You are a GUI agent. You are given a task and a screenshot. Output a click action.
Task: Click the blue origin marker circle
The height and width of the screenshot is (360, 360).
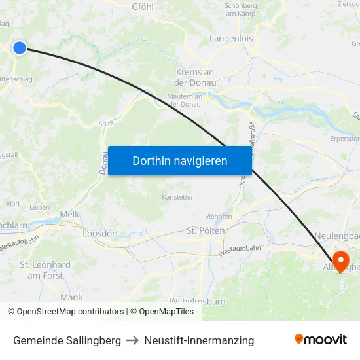(x=20, y=47)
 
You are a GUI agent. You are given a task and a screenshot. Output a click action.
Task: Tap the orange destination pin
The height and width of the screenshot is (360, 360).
(x=341, y=261)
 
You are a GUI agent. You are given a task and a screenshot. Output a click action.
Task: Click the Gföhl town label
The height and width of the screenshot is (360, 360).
(x=143, y=7)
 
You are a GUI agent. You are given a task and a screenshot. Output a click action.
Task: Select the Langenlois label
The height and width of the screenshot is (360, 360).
(x=230, y=39)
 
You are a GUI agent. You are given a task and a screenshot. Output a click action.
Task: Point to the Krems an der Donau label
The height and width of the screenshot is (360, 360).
(x=195, y=77)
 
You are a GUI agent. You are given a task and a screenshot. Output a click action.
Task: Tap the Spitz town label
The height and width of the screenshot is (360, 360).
(x=106, y=123)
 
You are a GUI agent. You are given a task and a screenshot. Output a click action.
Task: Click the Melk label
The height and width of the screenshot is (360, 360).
(x=69, y=214)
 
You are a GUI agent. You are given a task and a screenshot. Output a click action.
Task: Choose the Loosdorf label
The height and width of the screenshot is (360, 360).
(x=99, y=232)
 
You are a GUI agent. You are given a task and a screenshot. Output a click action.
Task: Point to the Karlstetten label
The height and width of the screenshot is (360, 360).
(x=178, y=196)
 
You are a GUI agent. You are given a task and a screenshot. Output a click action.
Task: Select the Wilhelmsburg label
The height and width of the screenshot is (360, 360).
(x=197, y=302)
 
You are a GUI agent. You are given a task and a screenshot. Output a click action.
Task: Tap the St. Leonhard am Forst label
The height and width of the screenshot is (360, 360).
(x=45, y=270)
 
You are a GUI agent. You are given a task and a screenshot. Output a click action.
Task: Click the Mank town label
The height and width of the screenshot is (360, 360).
(x=71, y=297)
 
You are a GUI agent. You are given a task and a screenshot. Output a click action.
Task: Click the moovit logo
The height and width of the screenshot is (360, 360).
(x=321, y=340)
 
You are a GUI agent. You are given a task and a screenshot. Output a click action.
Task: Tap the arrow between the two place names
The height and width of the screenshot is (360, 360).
(x=133, y=341)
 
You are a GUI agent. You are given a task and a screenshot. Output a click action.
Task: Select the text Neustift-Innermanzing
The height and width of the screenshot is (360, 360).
(x=199, y=341)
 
